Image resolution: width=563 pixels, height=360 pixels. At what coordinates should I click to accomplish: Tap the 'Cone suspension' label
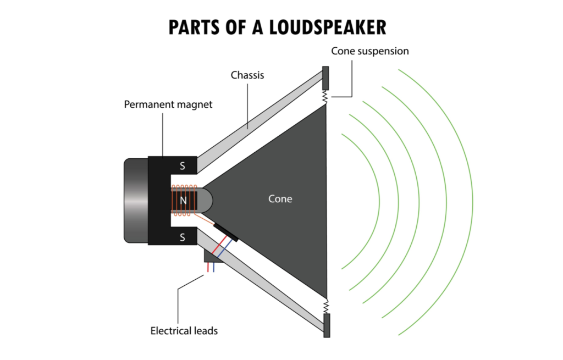370,51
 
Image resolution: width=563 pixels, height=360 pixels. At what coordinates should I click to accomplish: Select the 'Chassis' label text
247,75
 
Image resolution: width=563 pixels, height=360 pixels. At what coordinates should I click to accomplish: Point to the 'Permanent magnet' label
168,104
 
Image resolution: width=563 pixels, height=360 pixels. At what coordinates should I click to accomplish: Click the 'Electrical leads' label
184,331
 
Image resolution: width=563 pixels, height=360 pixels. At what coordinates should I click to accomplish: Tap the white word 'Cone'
280,199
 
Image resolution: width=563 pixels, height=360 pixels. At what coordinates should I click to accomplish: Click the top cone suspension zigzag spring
325,97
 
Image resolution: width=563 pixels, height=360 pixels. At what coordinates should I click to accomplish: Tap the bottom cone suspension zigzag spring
325,304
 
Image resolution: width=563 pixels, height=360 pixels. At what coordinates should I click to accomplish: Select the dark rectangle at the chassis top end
325,78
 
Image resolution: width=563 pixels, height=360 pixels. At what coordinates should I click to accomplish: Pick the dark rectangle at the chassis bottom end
326,325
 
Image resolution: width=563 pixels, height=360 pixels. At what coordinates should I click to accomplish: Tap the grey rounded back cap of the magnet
135,201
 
